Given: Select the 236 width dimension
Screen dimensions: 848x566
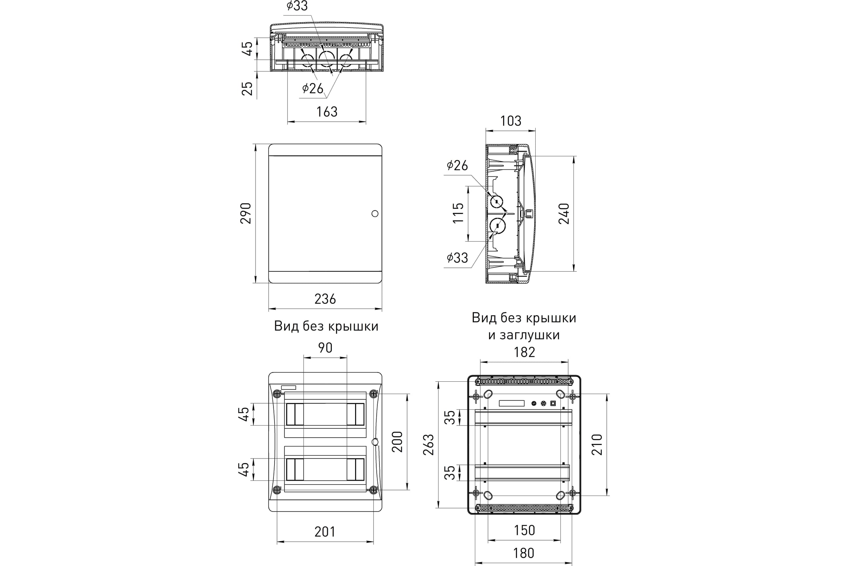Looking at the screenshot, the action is [325, 299].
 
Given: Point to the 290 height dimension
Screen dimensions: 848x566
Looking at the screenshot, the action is [246, 213].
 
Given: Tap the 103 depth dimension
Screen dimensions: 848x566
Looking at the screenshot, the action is [511, 121].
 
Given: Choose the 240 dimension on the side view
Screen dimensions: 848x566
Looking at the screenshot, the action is [564, 214].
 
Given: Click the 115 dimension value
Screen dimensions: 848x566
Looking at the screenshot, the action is [458, 213].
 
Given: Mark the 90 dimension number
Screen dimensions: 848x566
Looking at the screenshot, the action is [325, 348].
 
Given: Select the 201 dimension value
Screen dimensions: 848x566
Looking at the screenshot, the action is [325, 532].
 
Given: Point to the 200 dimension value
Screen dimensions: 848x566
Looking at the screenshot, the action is [397, 441].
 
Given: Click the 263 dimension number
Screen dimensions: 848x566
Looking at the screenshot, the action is [428, 444].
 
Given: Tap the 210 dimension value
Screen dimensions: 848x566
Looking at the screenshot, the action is [597, 444].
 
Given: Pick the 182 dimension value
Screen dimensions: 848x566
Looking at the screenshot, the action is [524, 352].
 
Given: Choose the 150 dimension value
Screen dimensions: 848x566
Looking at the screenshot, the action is [524, 530].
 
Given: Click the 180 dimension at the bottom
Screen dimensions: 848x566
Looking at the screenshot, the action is [524, 553].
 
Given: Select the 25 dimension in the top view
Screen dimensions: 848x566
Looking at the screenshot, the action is [247, 88].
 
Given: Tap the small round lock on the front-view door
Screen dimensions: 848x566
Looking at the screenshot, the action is [375, 214].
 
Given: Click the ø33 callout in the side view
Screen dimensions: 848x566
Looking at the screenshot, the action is [457, 258].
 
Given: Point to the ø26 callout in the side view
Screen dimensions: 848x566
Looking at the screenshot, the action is [457, 165].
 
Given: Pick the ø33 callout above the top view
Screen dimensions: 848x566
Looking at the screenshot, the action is [297, 6].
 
